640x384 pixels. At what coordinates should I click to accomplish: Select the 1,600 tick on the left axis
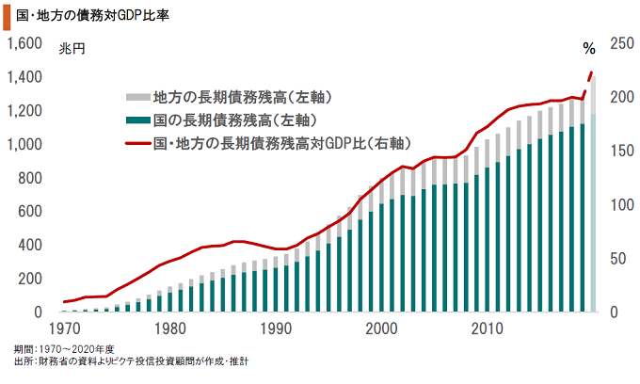(x=24, y=43)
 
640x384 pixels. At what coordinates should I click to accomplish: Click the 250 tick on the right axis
(x=622, y=43)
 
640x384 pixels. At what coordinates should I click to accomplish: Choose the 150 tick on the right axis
(x=622, y=151)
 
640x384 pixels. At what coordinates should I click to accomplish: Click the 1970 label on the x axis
(x=64, y=329)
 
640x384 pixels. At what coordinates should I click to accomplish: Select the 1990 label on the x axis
(x=276, y=329)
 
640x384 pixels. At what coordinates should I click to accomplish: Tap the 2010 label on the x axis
(x=487, y=329)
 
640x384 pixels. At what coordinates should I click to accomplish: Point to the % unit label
(x=589, y=48)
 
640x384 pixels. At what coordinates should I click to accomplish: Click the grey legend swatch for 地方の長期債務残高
(x=137, y=96)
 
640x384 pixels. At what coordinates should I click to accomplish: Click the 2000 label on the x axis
(x=381, y=329)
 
